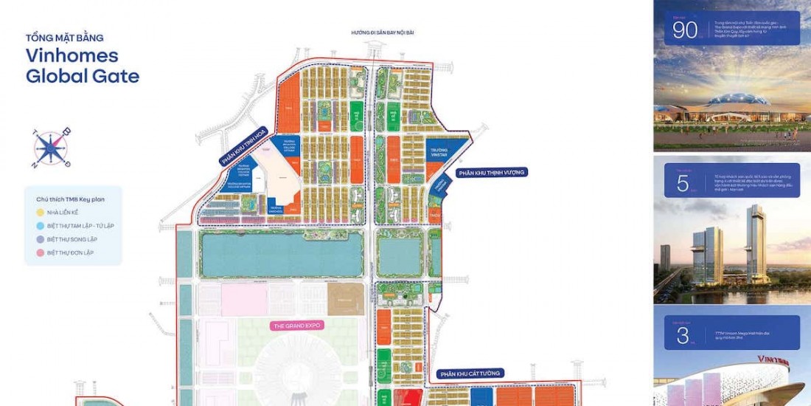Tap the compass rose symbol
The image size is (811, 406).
click(x=51, y=147)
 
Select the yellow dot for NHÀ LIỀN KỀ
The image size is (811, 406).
click(x=40, y=212)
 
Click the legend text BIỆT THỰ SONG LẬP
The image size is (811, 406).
click(x=72, y=239)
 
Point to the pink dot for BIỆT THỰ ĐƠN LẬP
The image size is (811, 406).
click(x=40, y=252)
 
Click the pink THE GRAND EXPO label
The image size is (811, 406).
click(x=298, y=325)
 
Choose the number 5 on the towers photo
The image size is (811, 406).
click(x=683, y=184)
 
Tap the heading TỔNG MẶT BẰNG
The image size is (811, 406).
click(x=64, y=38)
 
